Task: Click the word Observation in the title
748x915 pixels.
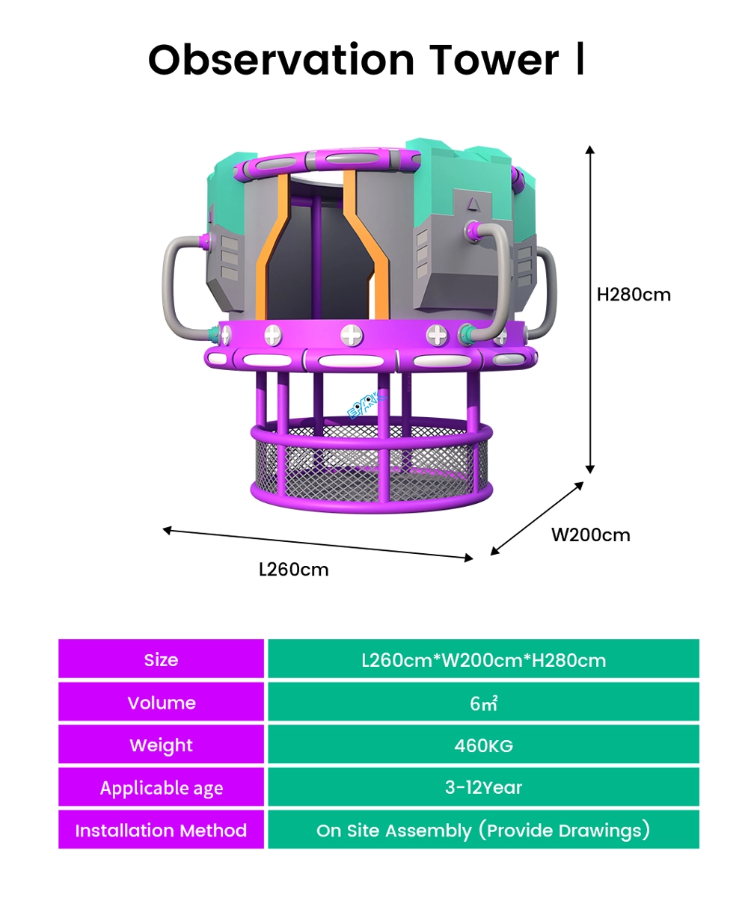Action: tap(280, 60)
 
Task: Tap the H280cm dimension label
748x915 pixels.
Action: tap(634, 295)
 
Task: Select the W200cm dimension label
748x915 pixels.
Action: tap(590, 534)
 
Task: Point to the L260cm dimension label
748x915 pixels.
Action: tap(293, 570)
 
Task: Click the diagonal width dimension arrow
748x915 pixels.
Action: tap(537, 518)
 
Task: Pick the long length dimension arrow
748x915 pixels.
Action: tap(318, 543)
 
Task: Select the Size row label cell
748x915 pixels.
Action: tap(162, 659)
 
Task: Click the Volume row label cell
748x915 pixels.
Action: tap(162, 703)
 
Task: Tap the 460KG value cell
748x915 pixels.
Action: tap(483, 745)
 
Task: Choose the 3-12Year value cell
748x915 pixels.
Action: tap(483, 787)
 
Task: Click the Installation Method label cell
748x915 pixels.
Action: tap(162, 830)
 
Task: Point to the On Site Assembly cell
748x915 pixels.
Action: tap(483, 830)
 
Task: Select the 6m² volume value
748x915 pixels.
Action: tap(483, 703)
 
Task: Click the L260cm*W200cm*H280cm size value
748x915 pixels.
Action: tap(483, 659)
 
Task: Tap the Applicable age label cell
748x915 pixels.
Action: tap(162, 788)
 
